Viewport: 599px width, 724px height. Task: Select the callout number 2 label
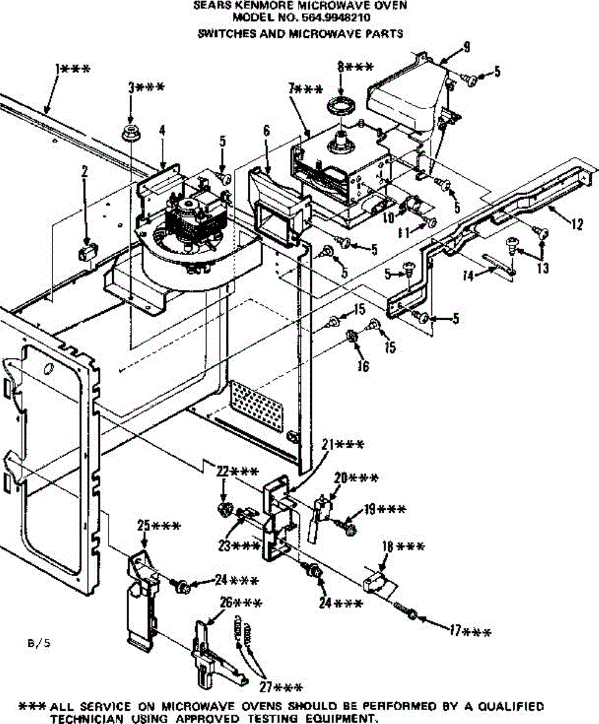click(x=84, y=172)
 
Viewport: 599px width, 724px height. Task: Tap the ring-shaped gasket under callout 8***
click(x=342, y=104)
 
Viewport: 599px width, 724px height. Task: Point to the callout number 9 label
click(x=466, y=48)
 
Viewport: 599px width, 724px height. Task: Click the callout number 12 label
click(x=577, y=225)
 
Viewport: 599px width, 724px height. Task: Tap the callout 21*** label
click(x=343, y=445)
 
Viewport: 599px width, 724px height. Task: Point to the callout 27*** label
click(x=280, y=687)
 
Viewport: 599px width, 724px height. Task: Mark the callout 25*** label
click(x=158, y=526)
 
